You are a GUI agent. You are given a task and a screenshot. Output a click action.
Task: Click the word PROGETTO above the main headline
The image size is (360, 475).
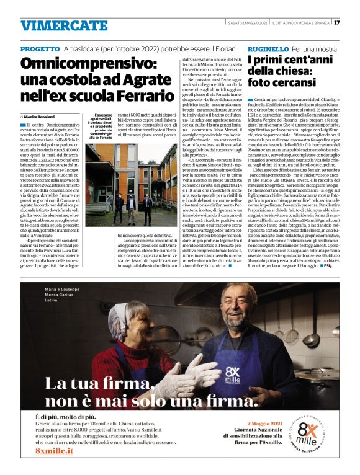pyautogui.click(x=40, y=48)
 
